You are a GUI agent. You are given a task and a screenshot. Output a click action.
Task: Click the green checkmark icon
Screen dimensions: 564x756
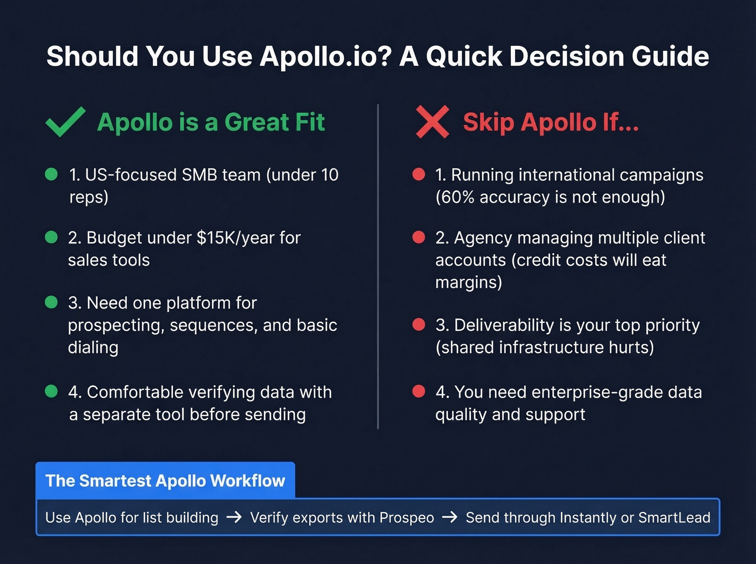point(65,122)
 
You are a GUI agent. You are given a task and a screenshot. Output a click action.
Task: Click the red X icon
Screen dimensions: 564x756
point(432,122)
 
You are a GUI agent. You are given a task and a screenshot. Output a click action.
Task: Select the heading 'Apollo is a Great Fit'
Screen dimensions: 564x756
point(211,122)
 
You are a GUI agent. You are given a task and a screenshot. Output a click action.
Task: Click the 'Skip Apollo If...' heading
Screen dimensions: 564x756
point(551,122)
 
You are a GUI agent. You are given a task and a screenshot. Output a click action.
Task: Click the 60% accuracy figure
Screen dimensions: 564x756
point(456,197)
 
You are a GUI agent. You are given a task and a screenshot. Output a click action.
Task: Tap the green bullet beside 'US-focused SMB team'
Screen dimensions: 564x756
point(51,174)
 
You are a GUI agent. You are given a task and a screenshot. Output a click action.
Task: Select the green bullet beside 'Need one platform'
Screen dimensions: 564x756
point(51,302)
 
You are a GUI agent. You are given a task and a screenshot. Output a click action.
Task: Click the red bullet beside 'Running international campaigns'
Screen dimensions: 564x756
point(418,174)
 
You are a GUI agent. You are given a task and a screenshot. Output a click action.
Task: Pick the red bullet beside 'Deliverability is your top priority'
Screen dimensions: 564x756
point(418,324)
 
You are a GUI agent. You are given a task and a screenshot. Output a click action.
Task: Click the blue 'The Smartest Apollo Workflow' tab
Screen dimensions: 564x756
point(165,480)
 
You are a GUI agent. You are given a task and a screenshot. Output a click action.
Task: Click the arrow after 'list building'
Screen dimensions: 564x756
point(234,518)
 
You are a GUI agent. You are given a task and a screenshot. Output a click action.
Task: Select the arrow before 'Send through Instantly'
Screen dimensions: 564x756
point(449,518)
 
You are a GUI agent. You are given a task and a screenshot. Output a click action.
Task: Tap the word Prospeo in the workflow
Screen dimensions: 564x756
point(407,518)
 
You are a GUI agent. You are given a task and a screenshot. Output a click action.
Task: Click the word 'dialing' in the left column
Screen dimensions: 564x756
point(93,347)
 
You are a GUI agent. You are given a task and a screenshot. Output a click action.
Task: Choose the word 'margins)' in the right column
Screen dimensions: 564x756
point(469,282)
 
